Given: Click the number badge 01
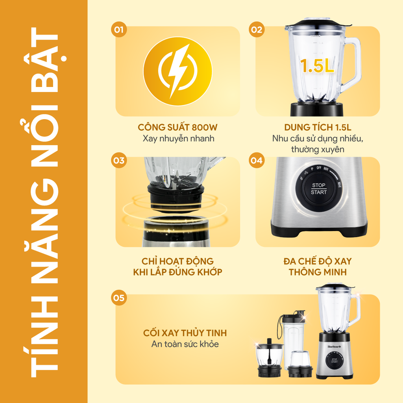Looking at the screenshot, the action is [x=119, y=30].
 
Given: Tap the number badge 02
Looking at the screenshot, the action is [x=257, y=30].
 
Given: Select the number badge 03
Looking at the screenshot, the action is [x=119, y=161].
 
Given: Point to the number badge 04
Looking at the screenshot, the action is [x=257, y=161].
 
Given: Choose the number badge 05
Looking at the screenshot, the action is [x=119, y=298].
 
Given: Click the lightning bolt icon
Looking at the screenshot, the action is [x=178, y=71].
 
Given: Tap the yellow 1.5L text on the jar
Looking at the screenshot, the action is [x=317, y=66].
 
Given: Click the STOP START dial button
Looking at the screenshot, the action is [x=319, y=189].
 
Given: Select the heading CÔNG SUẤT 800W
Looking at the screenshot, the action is [x=177, y=127].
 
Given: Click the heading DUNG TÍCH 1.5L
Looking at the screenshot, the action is [x=318, y=127].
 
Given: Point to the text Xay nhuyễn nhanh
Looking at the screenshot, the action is [x=178, y=139].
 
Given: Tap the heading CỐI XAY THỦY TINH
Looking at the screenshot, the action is [x=185, y=333].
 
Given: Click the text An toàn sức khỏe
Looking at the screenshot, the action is [x=185, y=344].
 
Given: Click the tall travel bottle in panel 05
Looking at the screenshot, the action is [x=292, y=337].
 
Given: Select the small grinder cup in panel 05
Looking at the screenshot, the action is [x=300, y=364].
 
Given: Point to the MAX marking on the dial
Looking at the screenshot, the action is [x=339, y=184].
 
